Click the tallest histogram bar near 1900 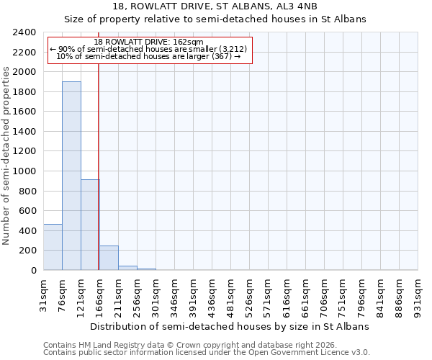pyautogui.click(x=71, y=176)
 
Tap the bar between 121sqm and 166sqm pyautogui.click(x=90, y=225)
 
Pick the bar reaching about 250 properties pyautogui.click(x=109, y=258)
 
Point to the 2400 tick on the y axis pyautogui.click(x=25, y=32)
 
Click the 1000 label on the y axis pyautogui.click(x=25, y=171)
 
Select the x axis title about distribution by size pyautogui.click(x=230, y=326)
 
